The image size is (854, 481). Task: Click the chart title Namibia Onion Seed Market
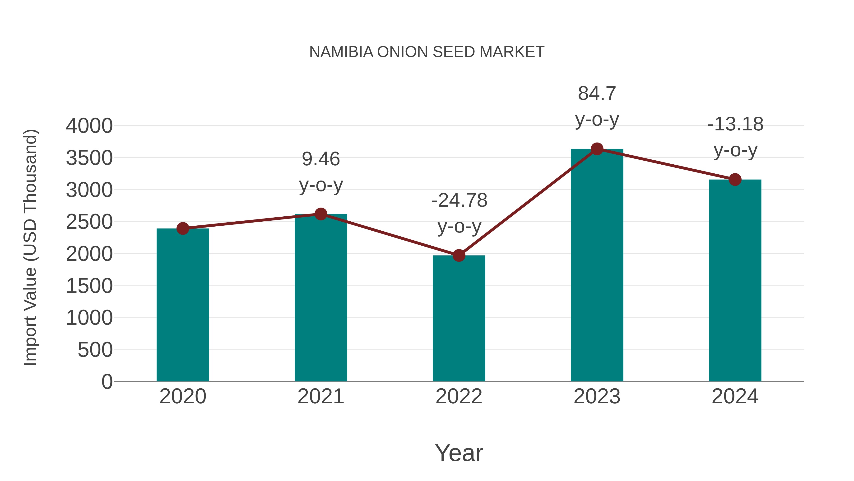click(427, 52)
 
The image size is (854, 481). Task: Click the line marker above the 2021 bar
click(320, 214)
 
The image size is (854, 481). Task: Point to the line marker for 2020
click(183, 228)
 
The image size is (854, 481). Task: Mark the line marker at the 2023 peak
click(597, 149)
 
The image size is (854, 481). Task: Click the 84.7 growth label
click(597, 94)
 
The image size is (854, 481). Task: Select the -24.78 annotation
click(459, 200)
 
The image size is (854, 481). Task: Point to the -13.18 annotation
click(735, 124)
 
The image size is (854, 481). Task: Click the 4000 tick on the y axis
click(89, 126)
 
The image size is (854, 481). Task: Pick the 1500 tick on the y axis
click(89, 286)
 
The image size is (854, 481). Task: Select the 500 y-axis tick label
click(95, 350)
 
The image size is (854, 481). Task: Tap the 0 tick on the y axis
click(107, 382)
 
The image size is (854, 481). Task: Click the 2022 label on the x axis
click(459, 396)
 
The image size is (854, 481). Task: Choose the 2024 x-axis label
click(735, 396)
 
